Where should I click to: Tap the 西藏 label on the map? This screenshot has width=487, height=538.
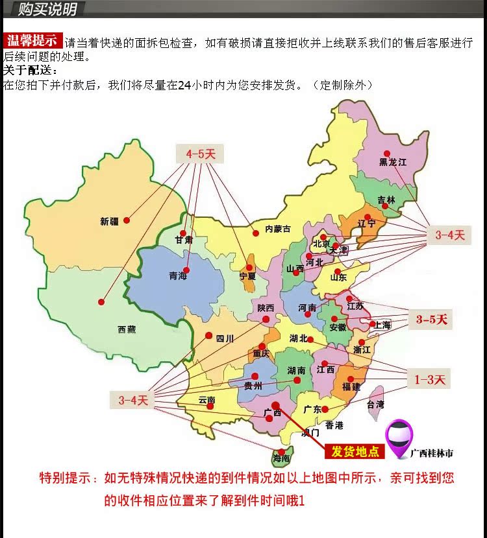click(127, 329)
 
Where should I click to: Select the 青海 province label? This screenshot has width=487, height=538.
click(178, 276)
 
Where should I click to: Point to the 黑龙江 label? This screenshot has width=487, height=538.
click(393, 162)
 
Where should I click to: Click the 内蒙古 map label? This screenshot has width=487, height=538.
click(278, 229)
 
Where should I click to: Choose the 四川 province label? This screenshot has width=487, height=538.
click(225, 338)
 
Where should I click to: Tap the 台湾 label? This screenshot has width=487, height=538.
click(375, 404)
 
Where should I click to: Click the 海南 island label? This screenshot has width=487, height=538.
click(281, 458)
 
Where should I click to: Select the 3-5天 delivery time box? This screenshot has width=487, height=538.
click(432, 320)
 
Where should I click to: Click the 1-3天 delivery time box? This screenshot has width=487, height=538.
click(431, 379)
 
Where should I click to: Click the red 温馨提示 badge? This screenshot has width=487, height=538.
click(32, 41)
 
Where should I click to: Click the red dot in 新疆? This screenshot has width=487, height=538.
click(127, 220)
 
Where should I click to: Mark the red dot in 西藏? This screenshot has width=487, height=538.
click(101, 301)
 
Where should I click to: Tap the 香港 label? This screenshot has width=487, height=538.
click(334, 425)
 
